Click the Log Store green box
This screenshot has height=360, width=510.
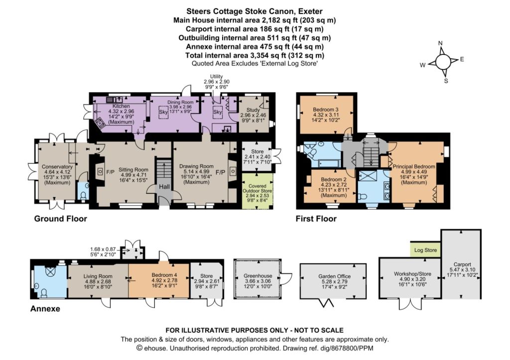coord(425,250)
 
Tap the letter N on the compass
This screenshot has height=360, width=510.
coord(440,43)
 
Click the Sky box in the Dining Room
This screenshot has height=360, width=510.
coord(163,112)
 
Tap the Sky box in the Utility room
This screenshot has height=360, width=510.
coord(217,112)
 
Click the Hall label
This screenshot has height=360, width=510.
coord(164,187)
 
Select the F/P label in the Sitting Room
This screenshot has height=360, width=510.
coord(111,172)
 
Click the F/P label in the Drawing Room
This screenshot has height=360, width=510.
coord(221,172)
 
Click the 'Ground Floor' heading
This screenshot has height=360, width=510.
coord(60,219)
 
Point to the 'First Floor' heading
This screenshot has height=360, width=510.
coord(316,219)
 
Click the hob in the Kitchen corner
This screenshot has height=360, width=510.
coord(100,123)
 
